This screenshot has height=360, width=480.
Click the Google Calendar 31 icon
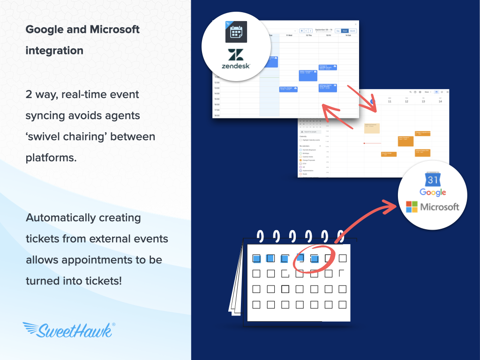click(x=433, y=180)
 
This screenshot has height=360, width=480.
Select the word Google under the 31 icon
click(x=433, y=193)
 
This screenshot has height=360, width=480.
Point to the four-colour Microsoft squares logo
click(x=412, y=207)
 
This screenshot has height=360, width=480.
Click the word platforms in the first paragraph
click(x=51, y=157)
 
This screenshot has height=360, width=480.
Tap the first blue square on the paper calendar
click(x=256, y=258)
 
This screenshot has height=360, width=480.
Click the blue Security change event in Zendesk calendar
click(x=288, y=89)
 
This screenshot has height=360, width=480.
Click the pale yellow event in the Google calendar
click(x=372, y=128)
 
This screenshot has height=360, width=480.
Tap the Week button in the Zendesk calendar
click(x=345, y=31)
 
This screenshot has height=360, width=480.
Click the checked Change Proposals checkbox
click(x=300, y=160)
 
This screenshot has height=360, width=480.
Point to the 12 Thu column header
click(x=309, y=35)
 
